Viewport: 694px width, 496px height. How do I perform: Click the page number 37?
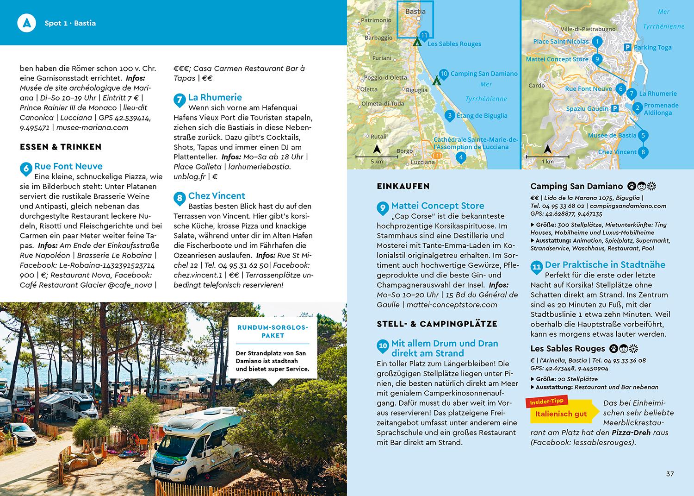[x=670, y=474]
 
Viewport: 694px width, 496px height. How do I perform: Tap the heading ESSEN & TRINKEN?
[x=61, y=147]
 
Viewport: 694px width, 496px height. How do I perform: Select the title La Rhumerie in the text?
[x=215, y=97]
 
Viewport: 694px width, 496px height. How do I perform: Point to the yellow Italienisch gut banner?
[x=561, y=414]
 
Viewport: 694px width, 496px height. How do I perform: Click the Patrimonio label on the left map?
[x=376, y=20]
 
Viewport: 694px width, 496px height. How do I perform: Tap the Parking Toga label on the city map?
[x=652, y=47]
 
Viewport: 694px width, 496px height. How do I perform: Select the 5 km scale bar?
[x=377, y=157]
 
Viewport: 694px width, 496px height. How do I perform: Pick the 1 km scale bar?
[x=547, y=157]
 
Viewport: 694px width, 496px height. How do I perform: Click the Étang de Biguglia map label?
[x=482, y=116]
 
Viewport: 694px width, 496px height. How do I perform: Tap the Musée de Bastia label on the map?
[x=612, y=135]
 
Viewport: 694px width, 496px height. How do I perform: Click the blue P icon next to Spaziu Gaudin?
[x=615, y=109]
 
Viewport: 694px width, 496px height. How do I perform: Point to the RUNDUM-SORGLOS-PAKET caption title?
[x=273, y=331]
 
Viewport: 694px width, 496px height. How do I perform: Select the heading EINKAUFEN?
[x=403, y=186]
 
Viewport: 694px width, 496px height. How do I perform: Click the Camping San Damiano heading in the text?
[x=576, y=186]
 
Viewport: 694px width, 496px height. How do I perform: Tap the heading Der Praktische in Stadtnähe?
[x=605, y=265]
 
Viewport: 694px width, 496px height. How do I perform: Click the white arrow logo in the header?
[x=26, y=23]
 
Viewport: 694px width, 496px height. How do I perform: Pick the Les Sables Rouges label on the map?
[x=454, y=44]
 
